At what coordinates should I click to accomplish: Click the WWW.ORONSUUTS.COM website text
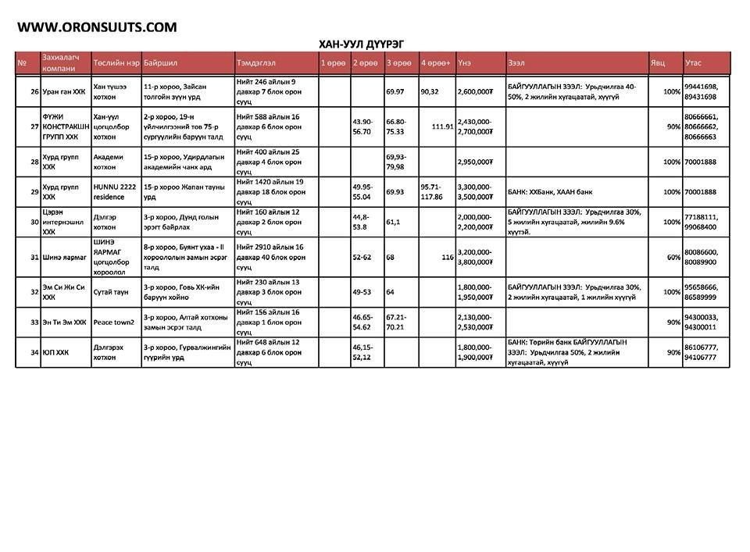click(x=97, y=27)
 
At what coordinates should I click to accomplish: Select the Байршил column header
click(x=161, y=62)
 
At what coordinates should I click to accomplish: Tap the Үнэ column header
click(x=465, y=62)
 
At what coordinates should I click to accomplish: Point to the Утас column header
click(x=694, y=62)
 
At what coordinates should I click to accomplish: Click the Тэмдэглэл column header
click(x=255, y=62)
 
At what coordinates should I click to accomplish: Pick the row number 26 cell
click(x=34, y=91)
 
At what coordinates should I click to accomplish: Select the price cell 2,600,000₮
click(x=475, y=91)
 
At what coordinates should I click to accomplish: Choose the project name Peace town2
click(x=114, y=322)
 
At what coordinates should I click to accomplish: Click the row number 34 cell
click(x=34, y=353)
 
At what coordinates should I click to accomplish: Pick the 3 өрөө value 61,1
click(x=394, y=222)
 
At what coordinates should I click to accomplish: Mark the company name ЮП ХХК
click(x=55, y=353)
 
